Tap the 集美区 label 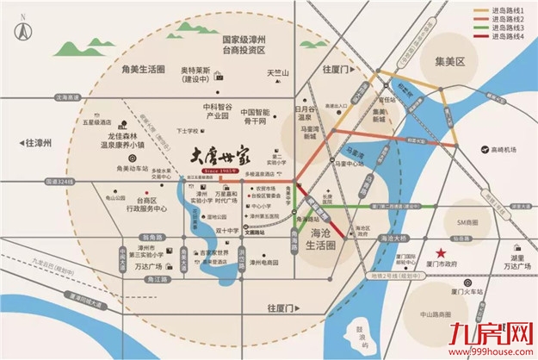pos(448,63)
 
